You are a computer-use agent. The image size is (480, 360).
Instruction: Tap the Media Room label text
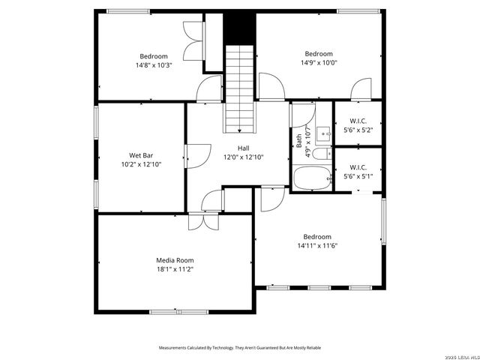174,260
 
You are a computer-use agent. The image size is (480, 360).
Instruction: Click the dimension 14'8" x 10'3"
153,65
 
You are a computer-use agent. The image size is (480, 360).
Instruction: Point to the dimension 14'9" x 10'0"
318,62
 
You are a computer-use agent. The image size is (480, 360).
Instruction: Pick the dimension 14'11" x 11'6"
317,245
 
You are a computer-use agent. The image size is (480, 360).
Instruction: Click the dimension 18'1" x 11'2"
174,268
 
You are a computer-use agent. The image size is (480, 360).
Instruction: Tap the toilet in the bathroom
320,154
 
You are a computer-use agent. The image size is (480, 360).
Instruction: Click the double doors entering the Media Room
203,222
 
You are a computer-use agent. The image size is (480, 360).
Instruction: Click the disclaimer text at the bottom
239,348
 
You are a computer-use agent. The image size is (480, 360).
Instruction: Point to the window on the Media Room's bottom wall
178,311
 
